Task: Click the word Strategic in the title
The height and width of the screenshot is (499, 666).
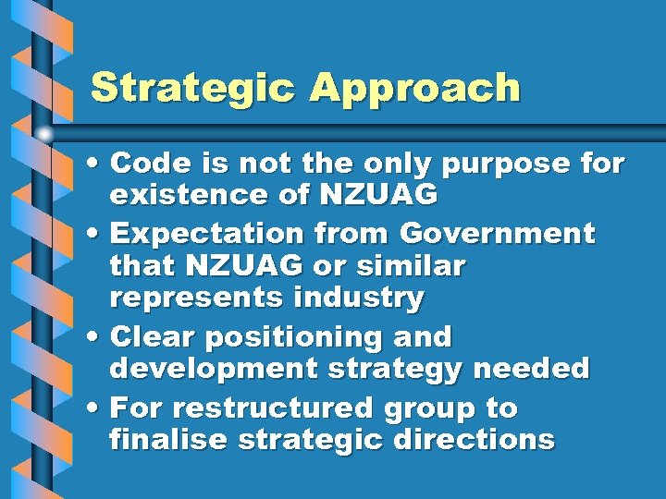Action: pos(193,89)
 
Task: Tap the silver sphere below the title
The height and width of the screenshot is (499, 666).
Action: pos(45,134)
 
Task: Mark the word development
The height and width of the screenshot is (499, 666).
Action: pos(209,370)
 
